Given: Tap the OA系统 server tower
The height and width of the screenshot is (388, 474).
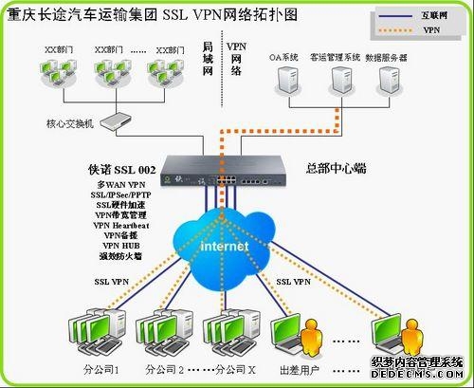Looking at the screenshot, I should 285,83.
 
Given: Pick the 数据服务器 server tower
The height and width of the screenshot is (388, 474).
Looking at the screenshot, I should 386,83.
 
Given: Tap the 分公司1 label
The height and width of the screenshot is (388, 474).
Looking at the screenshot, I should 102,369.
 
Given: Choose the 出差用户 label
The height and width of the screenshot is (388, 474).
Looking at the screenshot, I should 298,369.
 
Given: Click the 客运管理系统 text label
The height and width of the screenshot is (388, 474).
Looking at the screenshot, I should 335,57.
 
